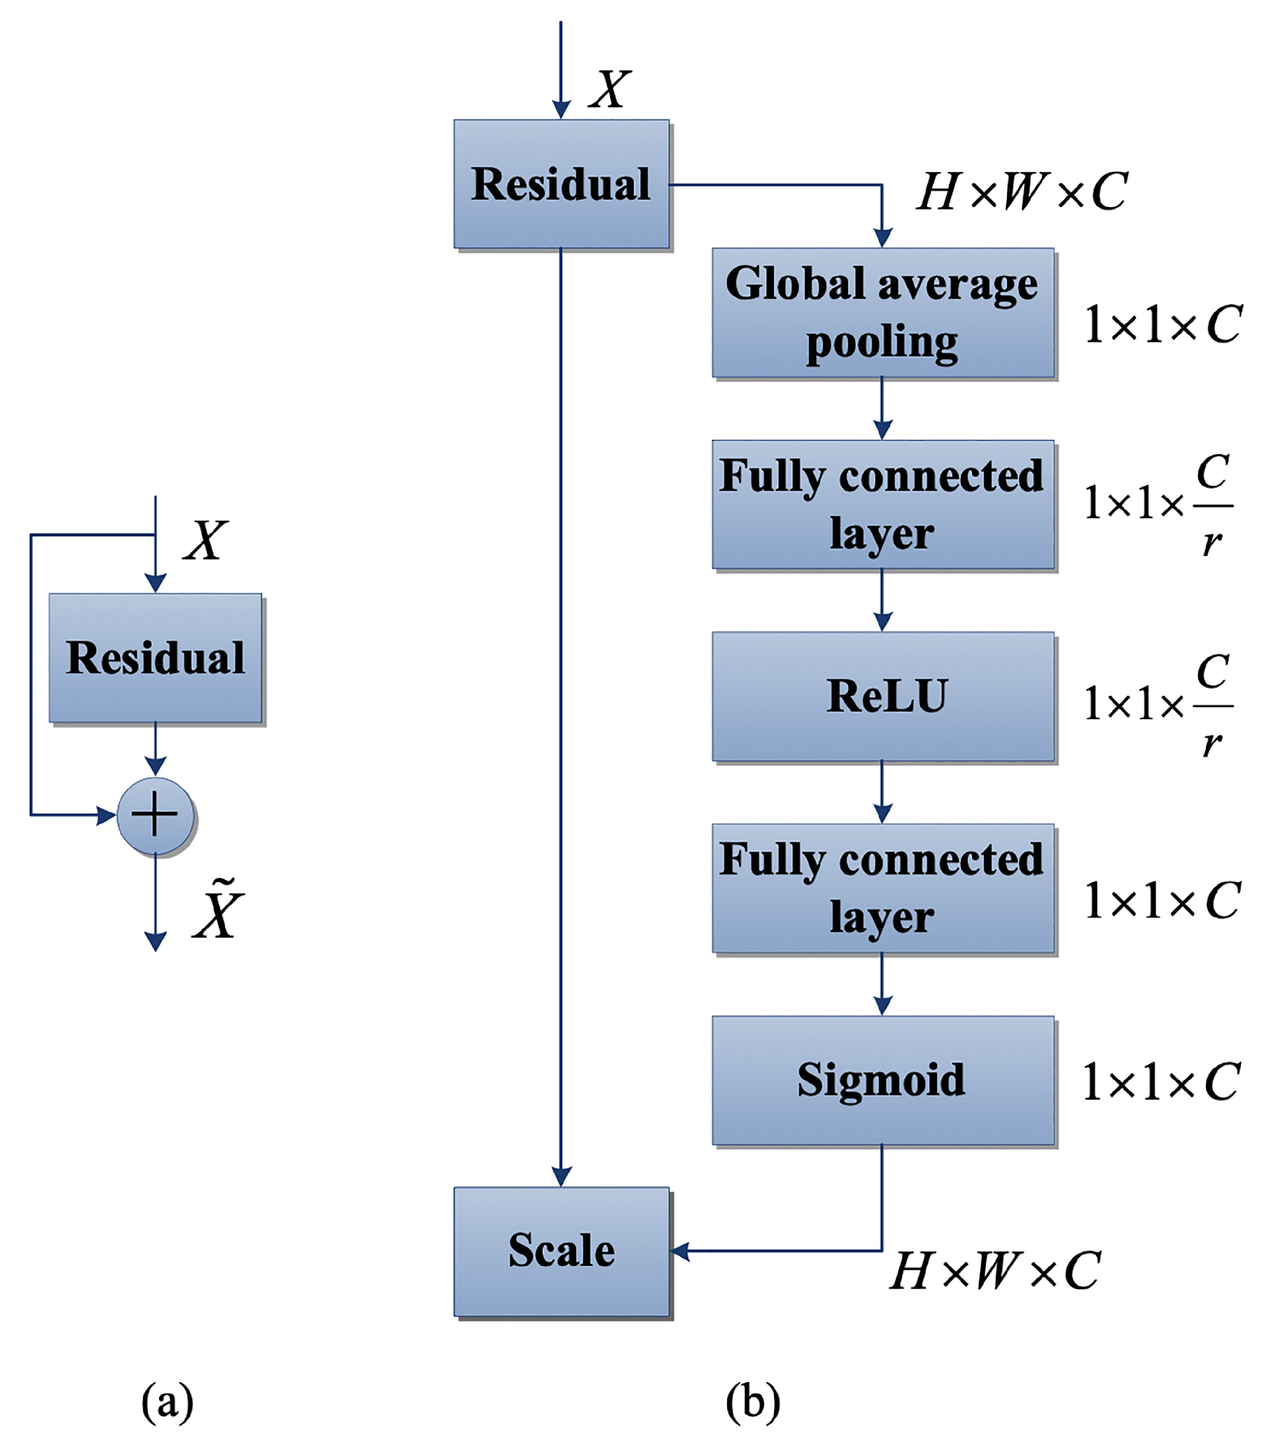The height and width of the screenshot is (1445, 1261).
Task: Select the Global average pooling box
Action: click(883, 312)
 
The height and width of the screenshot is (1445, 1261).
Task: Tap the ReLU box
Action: click(883, 696)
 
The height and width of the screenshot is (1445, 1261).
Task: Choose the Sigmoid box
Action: click(883, 1080)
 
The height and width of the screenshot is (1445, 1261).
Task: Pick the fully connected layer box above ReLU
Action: click(883, 505)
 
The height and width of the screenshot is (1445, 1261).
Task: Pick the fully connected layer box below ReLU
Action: click(883, 888)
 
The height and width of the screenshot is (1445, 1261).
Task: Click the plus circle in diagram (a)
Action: click(155, 815)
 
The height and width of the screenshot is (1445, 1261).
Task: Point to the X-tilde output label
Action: click(218, 910)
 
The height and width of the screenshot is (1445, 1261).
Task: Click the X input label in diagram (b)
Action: click(610, 90)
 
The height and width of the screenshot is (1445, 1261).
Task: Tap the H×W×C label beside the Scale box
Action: click(994, 1271)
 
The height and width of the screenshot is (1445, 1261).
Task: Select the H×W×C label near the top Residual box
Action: click(1022, 191)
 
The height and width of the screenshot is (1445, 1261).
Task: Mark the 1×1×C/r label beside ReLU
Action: click(1158, 703)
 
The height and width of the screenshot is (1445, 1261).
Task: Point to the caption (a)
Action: click(167, 1401)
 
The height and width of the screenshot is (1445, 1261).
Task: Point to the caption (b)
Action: click(752, 1401)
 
